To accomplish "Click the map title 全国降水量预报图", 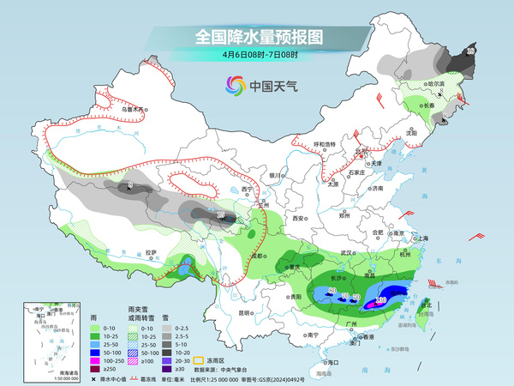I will (x=256, y=38).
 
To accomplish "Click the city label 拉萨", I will (x=152, y=252).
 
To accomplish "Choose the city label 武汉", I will (x=347, y=253).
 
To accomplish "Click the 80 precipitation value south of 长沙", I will (x=332, y=292).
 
